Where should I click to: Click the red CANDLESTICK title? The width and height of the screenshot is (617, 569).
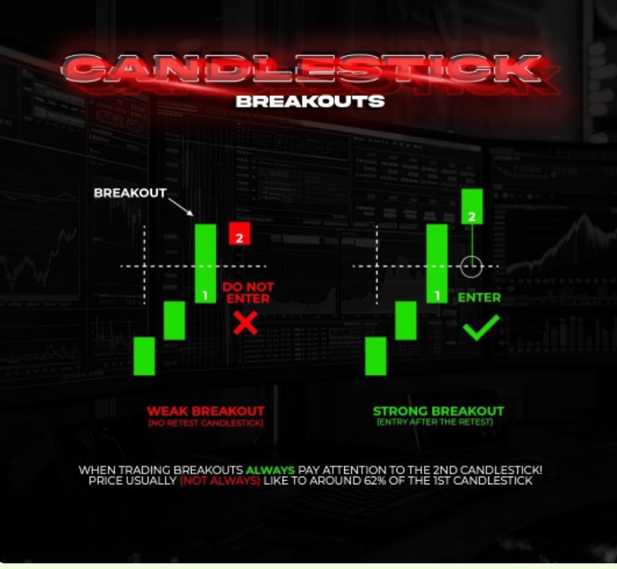301,68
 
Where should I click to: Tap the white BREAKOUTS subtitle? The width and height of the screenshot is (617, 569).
310,102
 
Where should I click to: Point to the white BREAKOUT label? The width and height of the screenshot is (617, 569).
130,193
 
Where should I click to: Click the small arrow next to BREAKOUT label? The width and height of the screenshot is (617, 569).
181,207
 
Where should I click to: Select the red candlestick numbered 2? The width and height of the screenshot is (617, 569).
240,234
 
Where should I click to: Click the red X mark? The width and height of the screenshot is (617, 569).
245,323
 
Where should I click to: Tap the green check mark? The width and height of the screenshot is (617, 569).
481,328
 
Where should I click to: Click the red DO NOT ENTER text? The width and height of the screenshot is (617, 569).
248,293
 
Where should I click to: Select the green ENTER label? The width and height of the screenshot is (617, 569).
479,297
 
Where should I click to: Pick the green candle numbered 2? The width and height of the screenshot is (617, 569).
472,206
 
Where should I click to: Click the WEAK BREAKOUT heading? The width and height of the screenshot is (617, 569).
206,412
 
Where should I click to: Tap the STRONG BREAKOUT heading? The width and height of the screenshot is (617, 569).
438,412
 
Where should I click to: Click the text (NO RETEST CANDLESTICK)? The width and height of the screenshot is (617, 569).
206,423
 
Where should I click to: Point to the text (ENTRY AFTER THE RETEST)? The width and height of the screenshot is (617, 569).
435,422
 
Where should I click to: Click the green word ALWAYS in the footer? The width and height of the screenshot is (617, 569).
270,470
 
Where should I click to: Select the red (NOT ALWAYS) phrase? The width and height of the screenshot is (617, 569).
220,481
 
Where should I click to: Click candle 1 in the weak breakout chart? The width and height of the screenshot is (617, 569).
206,263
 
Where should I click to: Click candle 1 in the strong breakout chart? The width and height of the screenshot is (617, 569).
437,263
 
